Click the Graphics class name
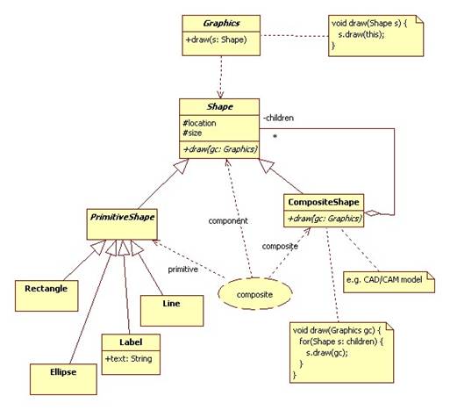(x=221, y=24)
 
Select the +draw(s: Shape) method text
(x=216, y=40)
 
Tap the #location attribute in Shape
(x=199, y=123)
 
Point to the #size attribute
(x=192, y=133)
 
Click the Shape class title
(x=220, y=107)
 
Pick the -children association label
(x=278, y=118)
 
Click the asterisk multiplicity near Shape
(x=275, y=137)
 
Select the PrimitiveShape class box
(x=122, y=224)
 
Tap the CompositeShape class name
(x=324, y=202)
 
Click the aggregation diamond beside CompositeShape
(x=373, y=213)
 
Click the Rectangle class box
(x=46, y=296)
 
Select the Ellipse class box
(x=63, y=379)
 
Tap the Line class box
(x=172, y=311)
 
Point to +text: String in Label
(x=129, y=359)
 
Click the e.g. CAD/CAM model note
(x=389, y=282)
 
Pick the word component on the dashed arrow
(x=228, y=221)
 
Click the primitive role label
(x=183, y=270)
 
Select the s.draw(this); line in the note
(x=361, y=34)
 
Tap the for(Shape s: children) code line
(x=341, y=342)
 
